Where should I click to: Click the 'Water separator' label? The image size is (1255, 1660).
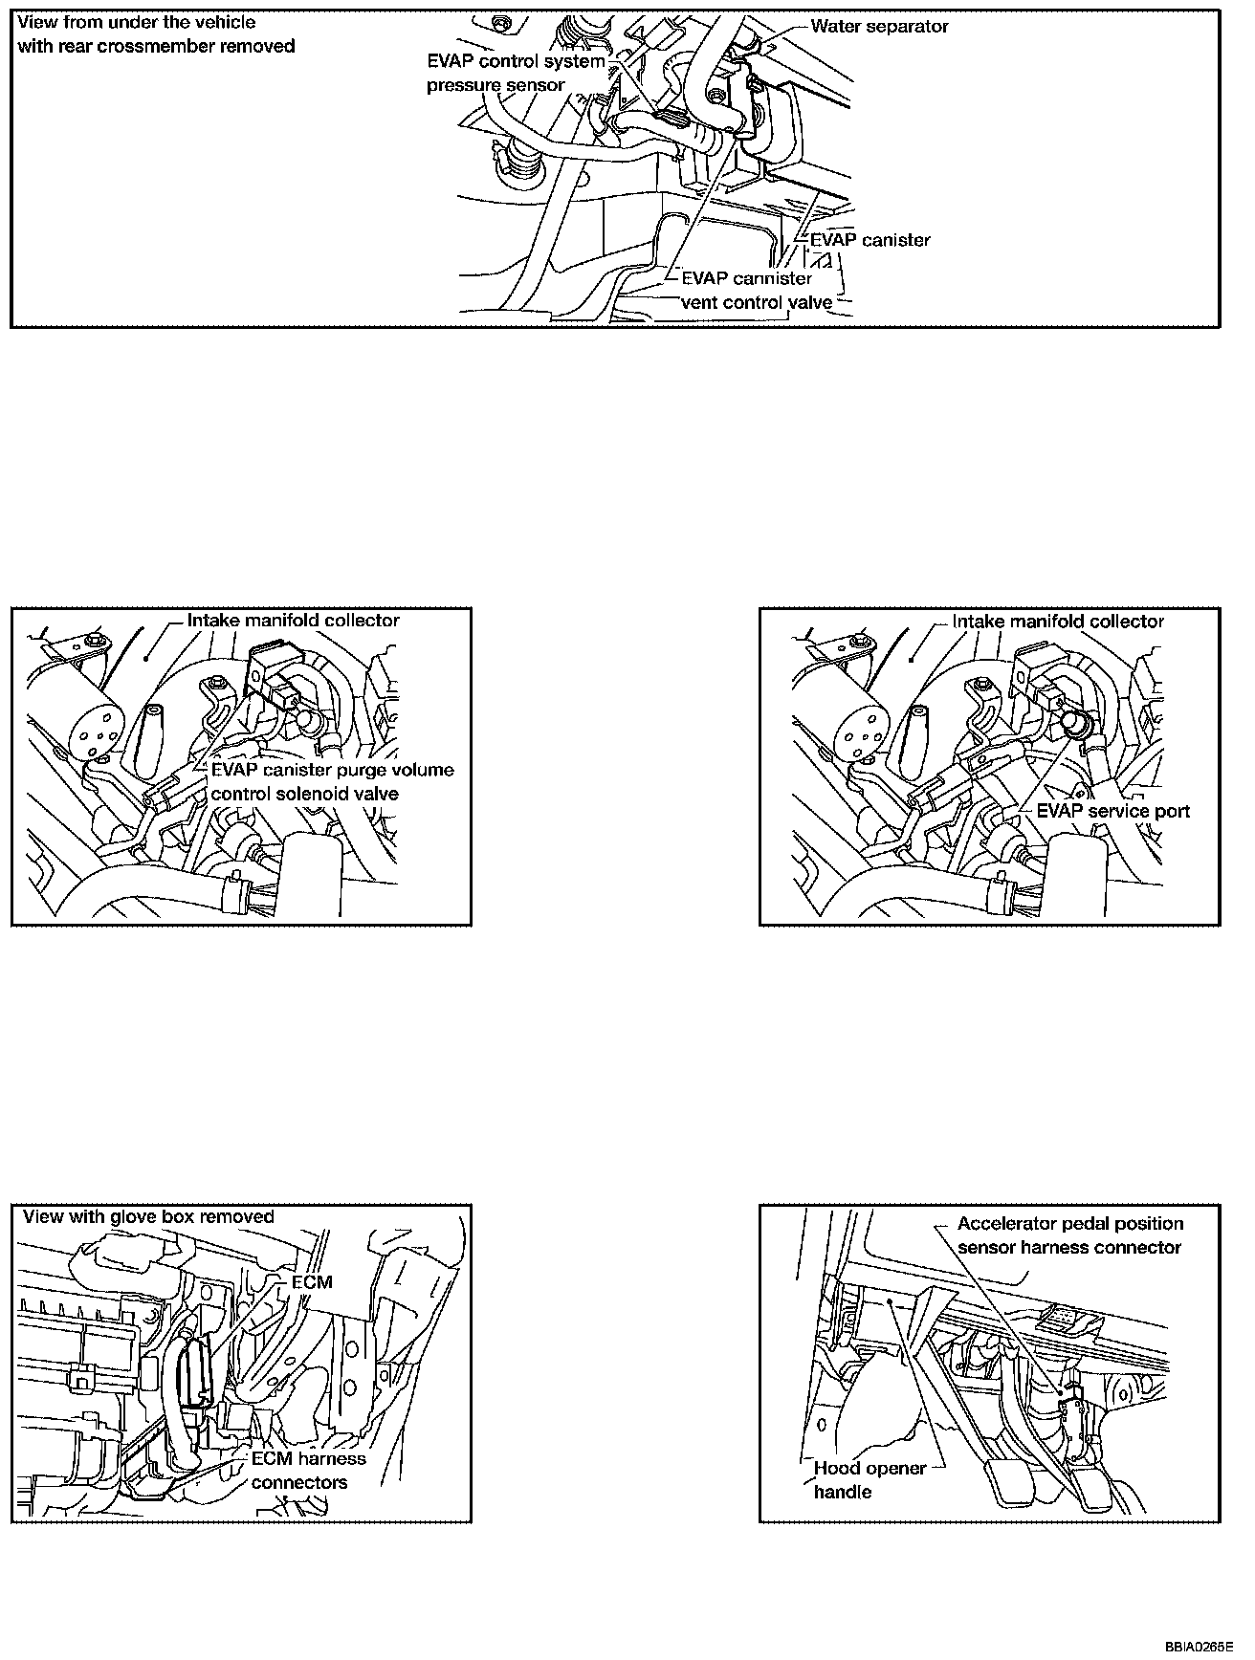(878, 27)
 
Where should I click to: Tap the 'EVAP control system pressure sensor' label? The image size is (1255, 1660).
(516, 74)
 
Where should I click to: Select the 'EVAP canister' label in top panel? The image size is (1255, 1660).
(870, 240)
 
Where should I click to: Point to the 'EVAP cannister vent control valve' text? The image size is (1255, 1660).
(755, 291)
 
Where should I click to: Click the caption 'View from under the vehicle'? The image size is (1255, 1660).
(137, 21)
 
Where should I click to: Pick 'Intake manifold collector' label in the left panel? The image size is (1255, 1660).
(293, 621)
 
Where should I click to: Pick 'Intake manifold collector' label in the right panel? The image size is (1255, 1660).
(1058, 622)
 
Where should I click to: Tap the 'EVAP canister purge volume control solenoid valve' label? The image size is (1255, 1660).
(332, 781)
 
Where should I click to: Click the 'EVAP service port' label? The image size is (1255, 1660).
(1113, 811)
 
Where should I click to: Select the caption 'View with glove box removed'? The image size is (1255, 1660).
(148, 1217)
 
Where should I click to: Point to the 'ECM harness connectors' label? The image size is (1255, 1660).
(308, 1471)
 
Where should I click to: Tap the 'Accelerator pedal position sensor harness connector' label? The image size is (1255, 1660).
(1069, 1235)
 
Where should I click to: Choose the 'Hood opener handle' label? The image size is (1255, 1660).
(870, 1479)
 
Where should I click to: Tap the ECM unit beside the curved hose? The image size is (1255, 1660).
(198, 1370)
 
